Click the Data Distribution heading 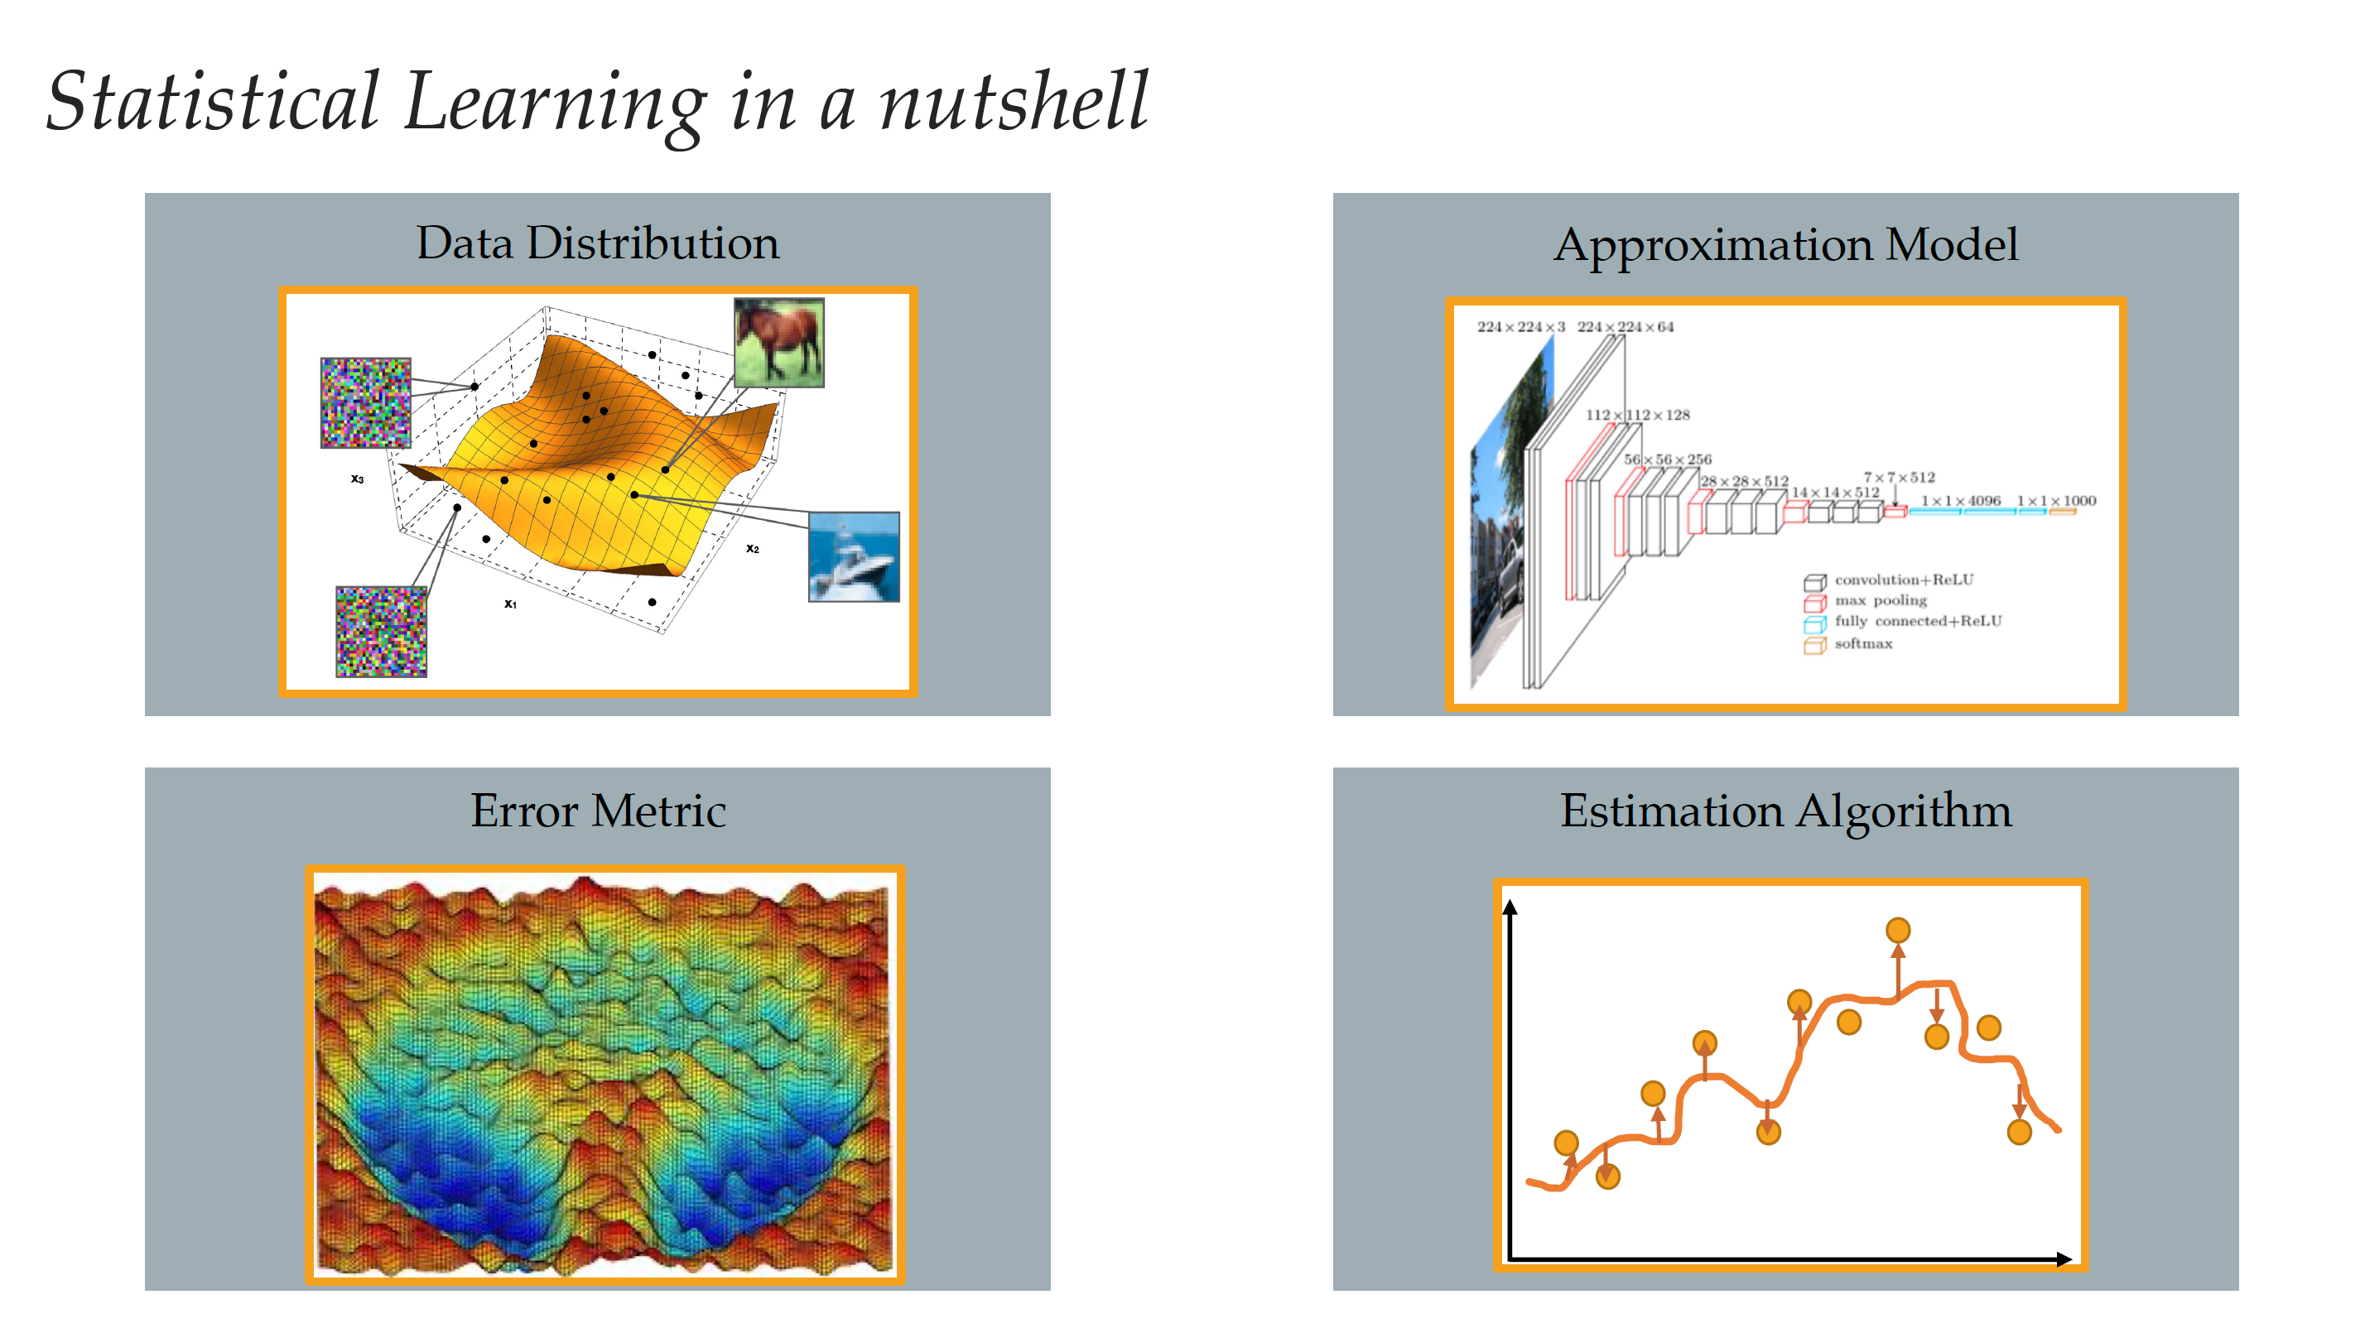click(598, 243)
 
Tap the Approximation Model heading click(1785, 245)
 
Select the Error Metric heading click(598, 811)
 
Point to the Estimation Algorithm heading click(1785, 811)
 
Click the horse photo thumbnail click(778, 343)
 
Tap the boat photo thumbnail click(854, 557)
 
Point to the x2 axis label click(753, 548)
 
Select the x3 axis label click(357, 479)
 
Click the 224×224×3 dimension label click(1520, 327)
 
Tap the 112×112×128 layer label click(1638, 415)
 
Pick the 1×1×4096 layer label click(1961, 500)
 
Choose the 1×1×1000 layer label click(2056, 500)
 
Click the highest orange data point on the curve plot click(1898, 930)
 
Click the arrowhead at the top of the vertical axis click(1510, 907)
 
